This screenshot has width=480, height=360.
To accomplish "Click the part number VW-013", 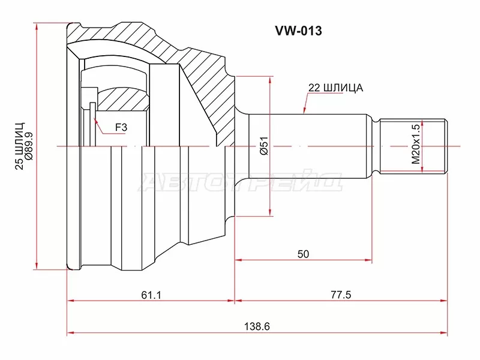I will [x=298, y=31].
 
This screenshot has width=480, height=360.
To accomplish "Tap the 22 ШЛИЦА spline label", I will [x=335, y=88].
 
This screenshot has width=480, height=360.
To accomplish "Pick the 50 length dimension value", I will [x=303, y=254].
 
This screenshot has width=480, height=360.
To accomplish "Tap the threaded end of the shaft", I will [x=414, y=146].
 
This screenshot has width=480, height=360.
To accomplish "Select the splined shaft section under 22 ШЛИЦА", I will [x=312, y=146].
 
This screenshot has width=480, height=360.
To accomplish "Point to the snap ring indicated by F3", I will [x=93, y=123].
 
